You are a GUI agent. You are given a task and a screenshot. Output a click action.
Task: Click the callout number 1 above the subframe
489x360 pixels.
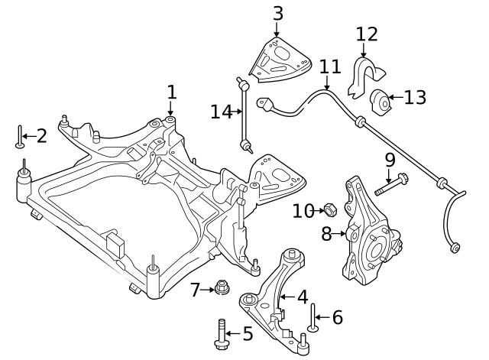pos(172,92)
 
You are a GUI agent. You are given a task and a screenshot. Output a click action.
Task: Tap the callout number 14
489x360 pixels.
pos(222,112)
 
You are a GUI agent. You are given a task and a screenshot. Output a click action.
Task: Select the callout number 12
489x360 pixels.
pos(367,34)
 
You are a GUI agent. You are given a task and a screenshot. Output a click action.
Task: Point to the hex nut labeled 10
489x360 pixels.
pos(331,209)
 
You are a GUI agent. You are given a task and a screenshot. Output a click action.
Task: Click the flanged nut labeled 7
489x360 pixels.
pos(222,287)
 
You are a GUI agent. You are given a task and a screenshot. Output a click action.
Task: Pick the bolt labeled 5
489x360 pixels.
pos(221,335)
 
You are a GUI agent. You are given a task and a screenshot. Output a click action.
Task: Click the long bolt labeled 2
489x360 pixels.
pos(20,137)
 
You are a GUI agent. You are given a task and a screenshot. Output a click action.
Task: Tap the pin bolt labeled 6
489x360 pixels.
pos(313,317)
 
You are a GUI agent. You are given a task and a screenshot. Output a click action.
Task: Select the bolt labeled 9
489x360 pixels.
pos(391,184)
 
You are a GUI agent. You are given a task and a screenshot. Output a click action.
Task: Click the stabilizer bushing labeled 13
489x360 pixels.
pos(381,102)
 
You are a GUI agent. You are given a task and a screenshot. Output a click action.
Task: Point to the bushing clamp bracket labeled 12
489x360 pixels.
pos(365,76)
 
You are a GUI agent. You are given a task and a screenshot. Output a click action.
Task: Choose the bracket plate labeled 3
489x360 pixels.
pos(280,60)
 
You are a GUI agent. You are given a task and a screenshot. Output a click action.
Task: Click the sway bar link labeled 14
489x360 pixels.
pos(244,115)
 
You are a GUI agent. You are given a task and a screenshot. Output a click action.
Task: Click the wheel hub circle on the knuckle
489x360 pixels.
pos(375,251)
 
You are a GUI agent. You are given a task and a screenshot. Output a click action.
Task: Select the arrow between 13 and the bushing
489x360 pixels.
pos(396,97)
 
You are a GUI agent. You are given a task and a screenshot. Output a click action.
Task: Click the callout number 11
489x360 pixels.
pos(331,66)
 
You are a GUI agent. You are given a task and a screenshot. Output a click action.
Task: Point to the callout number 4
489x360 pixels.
pos(303,297)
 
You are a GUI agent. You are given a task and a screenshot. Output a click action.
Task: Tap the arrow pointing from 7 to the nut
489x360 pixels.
pos(207,290)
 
